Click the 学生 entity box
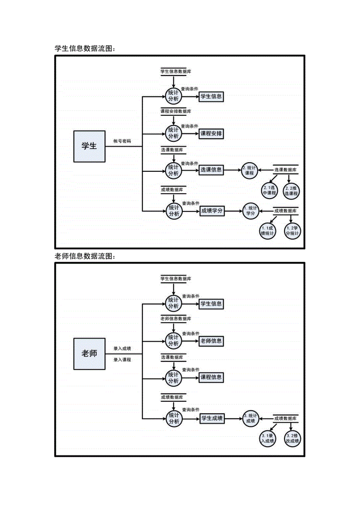[89, 146]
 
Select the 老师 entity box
[89, 354]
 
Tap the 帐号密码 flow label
[122, 141]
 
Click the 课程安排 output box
[211, 133]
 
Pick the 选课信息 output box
[211, 170]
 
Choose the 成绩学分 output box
[212, 211]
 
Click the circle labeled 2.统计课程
[250, 170]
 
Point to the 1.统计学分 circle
[251, 211]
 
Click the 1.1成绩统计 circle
[268, 231]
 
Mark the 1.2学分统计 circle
[293, 231]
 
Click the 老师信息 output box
[211, 341]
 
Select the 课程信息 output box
[211, 377]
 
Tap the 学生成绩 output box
[212, 418]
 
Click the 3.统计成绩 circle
[250, 418]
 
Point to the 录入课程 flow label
[122, 359]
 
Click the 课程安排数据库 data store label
[175, 111]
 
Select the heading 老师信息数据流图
[85, 256]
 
